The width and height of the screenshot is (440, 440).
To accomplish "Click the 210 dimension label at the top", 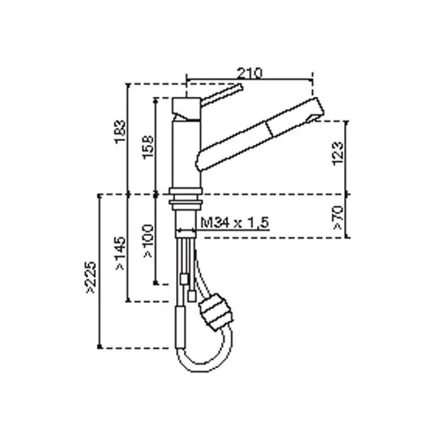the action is (249, 73).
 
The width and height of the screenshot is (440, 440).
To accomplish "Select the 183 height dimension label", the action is (121, 131).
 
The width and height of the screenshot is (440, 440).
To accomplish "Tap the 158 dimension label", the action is (148, 147).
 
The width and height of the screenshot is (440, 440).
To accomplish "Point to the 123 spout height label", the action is (338, 154).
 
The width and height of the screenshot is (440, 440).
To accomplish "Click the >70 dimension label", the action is (338, 217).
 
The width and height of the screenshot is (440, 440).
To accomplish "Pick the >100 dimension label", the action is (149, 241).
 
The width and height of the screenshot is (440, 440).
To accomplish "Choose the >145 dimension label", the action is (121, 253).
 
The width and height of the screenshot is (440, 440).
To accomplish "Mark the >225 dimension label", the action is (91, 277).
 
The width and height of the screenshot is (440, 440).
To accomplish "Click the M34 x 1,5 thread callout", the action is (235, 223).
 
